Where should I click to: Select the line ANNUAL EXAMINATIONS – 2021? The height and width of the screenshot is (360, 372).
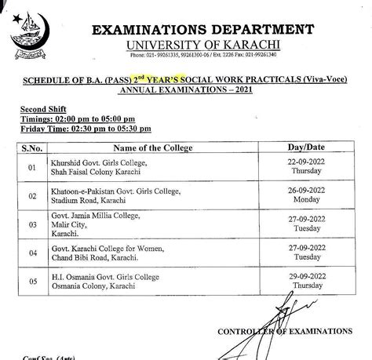[x=186, y=91]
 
